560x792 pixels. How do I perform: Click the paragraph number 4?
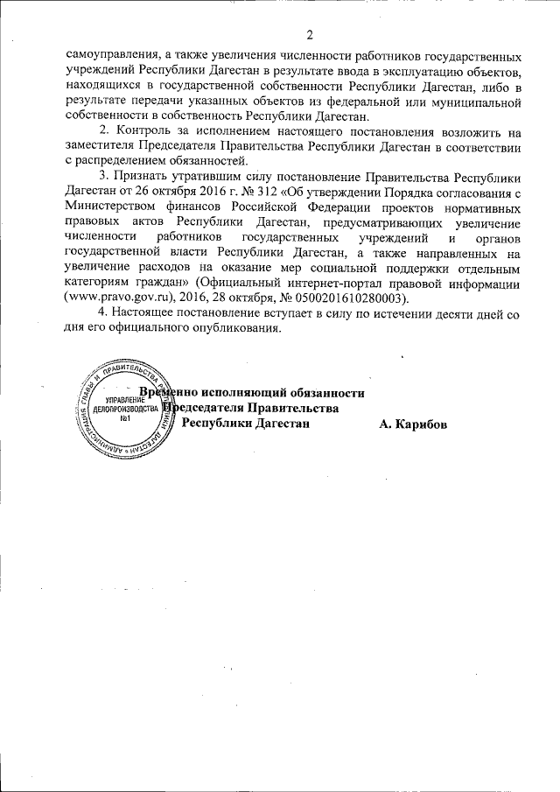[x=103, y=314]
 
